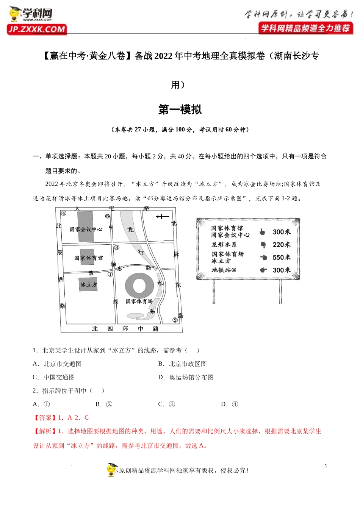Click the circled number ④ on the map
64,213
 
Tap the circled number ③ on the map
117,247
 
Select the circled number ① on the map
110,274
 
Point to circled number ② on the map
175,320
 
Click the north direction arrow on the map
162,217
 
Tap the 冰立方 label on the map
88,284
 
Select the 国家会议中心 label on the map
86,229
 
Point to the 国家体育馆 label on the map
88,258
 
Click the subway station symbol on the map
108,216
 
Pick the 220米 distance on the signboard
282,245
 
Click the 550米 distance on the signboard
282,258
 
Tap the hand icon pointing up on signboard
262,232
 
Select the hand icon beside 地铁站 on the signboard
263,270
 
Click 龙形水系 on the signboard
224,245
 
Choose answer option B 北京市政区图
188,364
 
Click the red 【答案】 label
45,418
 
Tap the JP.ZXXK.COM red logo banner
37,29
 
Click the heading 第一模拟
180,109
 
